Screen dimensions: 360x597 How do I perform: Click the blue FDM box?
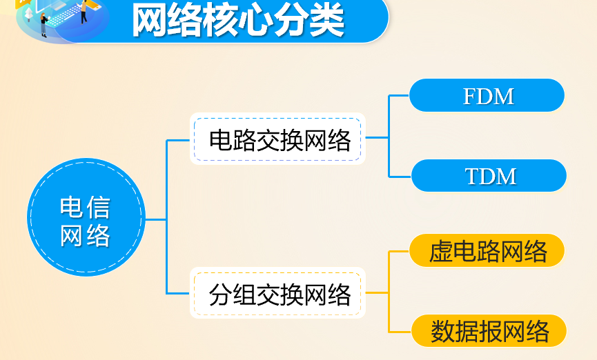[x=487, y=95]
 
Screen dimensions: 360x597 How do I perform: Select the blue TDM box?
[x=489, y=176]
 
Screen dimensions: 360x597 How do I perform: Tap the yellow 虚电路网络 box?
[x=487, y=251]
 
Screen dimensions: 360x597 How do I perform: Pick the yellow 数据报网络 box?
[x=489, y=332]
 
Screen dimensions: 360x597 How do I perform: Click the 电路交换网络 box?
[x=277, y=139]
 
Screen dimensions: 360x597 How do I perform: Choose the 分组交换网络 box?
[x=277, y=294]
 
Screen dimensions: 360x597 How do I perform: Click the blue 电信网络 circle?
[x=86, y=219]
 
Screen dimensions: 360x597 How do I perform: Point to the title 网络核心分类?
[x=238, y=21]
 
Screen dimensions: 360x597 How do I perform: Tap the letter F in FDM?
[x=471, y=96]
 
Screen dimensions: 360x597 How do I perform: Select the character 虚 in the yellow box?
[x=441, y=252]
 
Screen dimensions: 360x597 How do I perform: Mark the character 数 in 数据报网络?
[x=443, y=332]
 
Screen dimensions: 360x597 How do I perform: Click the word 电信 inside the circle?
[x=86, y=206]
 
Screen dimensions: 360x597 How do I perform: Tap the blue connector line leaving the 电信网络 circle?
[x=157, y=219]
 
